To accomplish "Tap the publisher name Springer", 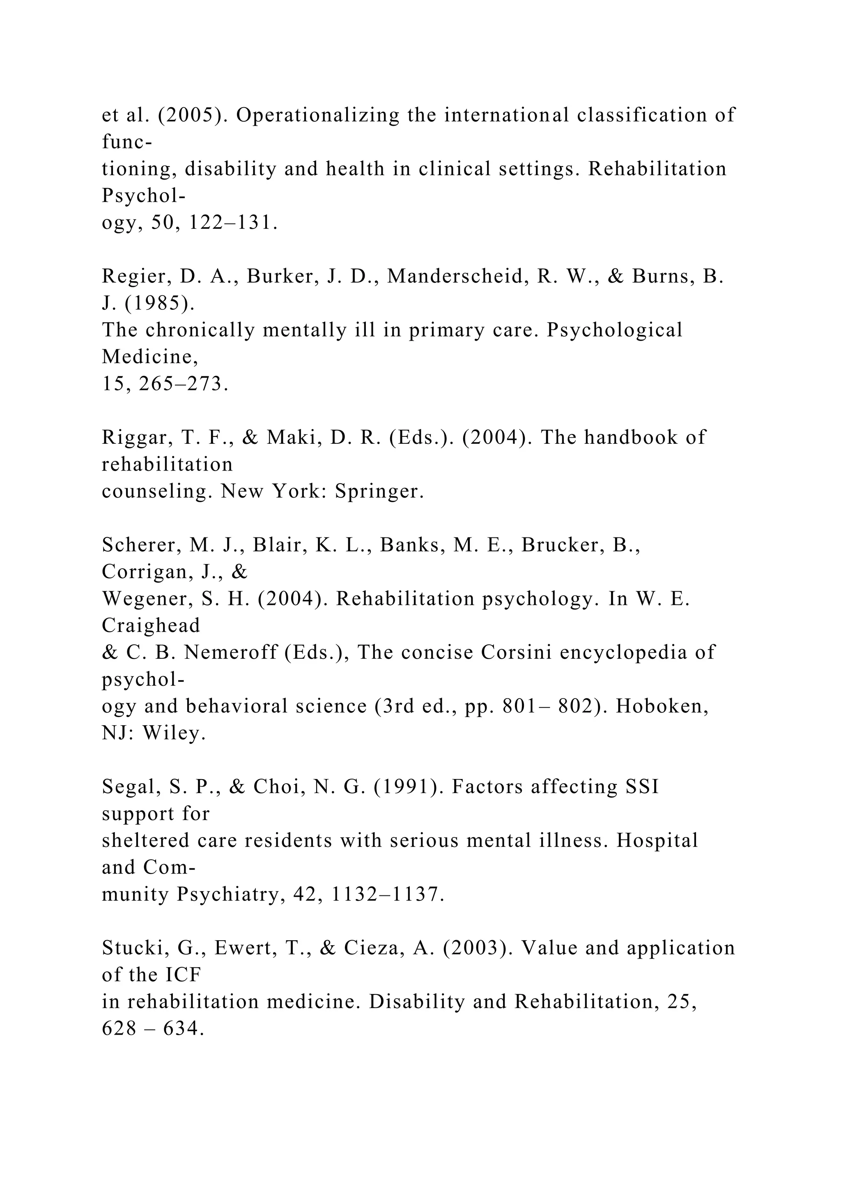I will (379, 491).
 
